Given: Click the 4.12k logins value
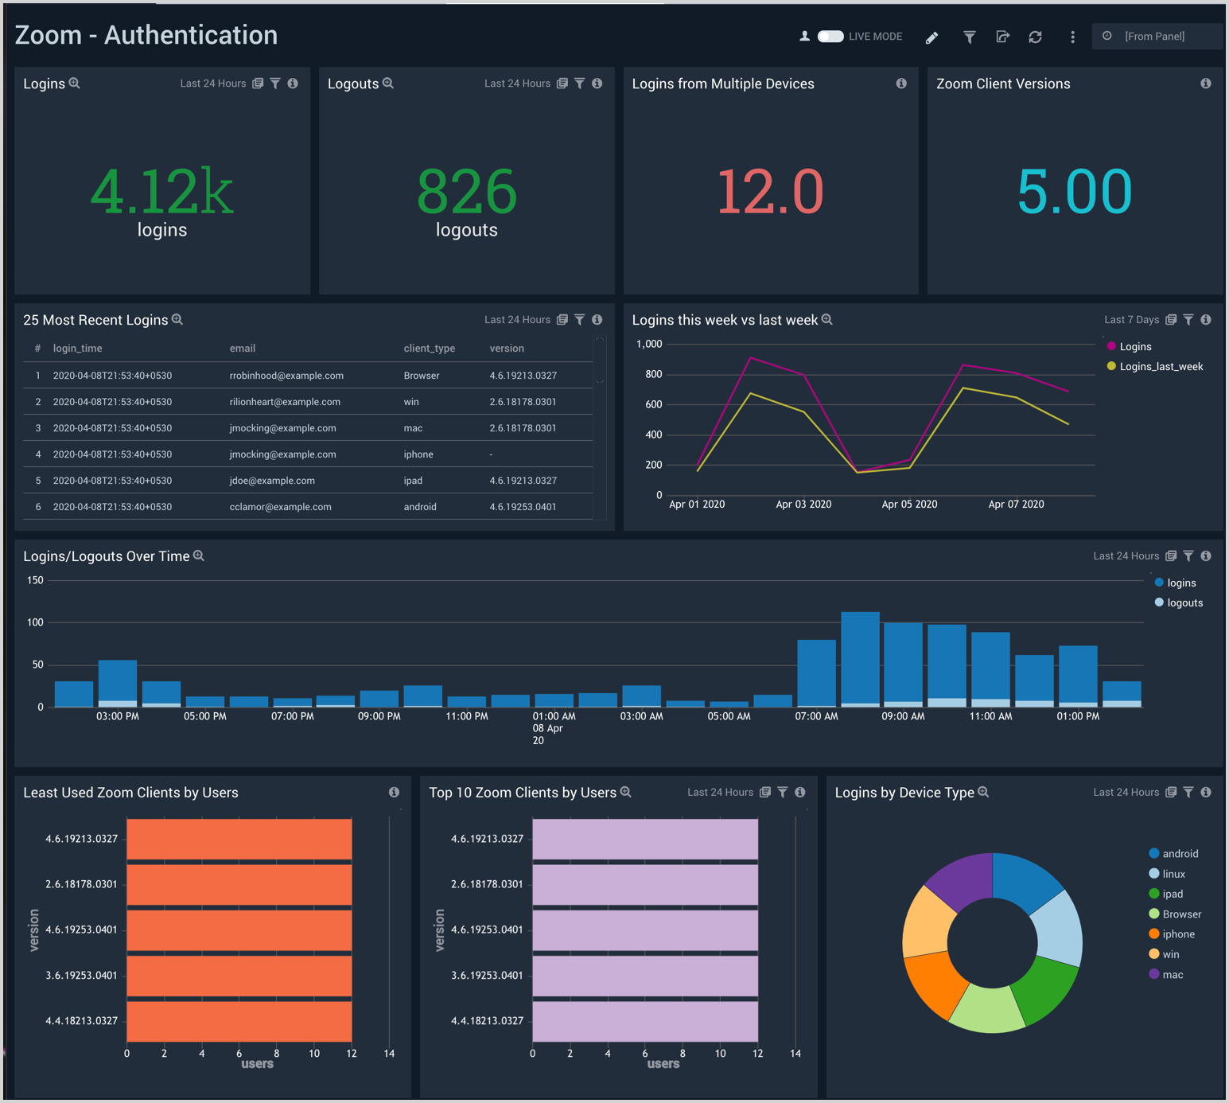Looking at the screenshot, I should (161, 193).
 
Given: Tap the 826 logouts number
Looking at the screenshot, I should (467, 193).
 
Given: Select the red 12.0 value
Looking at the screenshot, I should (770, 193).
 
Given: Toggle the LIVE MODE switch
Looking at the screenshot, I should (830, 37).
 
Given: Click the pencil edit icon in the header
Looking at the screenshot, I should (931, 37).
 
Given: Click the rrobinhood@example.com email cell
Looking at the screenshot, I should (286, 376).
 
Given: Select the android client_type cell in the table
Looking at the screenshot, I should (420, 507).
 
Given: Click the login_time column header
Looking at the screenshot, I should (77, 349).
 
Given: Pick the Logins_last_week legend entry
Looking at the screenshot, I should (1161, 367).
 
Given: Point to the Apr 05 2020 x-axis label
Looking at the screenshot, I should (909, 505).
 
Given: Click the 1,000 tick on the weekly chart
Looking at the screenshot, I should (649, 344).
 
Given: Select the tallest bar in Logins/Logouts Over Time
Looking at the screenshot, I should (860, 658).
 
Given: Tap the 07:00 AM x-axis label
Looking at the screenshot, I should (816, 716).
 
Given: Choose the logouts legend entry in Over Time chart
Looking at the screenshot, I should (1184, 603).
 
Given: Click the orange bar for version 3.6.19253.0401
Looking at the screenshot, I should (239, 976).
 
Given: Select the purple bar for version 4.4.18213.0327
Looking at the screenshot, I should (644, 1021).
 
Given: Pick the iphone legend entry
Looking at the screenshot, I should (1177, 934).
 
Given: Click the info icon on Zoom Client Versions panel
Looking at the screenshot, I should (1206, 84).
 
